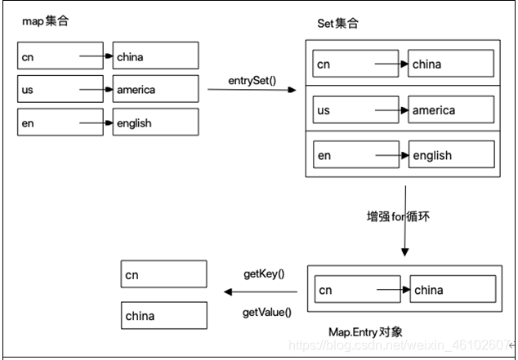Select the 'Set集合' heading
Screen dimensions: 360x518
coord(337,24)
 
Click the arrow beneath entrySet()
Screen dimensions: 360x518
coord(252,91)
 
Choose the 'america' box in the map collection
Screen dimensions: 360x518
coord(155,89)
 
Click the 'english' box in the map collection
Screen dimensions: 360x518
coord(155,122)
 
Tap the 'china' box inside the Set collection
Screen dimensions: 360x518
coord(452,64)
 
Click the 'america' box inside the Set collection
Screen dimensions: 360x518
coord(452,109)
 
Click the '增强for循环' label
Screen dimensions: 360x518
coord(399,217)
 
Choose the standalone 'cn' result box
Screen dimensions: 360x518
coord(163,275)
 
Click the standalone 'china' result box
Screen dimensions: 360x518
coord(163,315)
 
